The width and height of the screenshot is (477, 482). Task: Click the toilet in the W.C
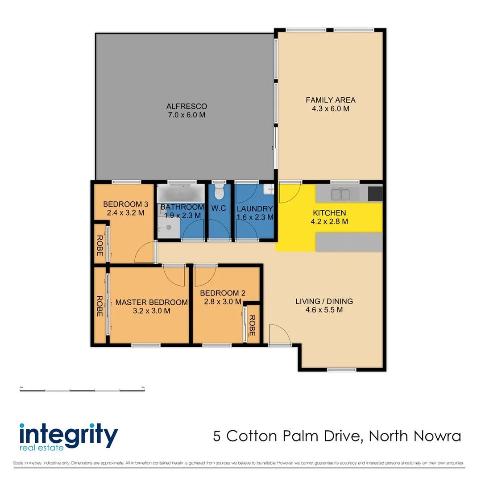click(219, 193)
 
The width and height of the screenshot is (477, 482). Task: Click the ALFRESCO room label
click(187, 106)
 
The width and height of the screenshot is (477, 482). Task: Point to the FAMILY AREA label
click(331, 100)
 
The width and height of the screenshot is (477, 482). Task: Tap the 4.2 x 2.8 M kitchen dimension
click(330, 221)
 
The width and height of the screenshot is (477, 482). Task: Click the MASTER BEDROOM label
click(152, 302)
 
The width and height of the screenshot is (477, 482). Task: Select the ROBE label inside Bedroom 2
click(253, 325)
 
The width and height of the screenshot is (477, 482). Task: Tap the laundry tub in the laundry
click(269, 190)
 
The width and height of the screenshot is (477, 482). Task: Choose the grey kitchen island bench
click(349, 241)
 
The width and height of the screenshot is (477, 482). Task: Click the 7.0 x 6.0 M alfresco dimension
click(187, 115)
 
